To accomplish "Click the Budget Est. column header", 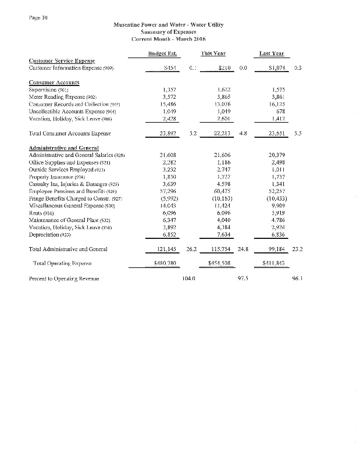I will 163,54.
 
